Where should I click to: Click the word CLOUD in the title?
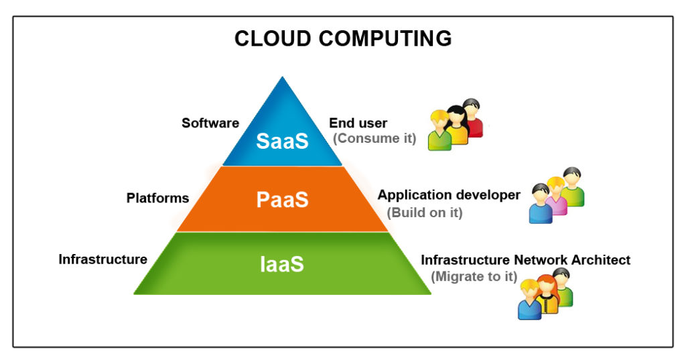[273, 38]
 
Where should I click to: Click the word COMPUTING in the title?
[385, 38]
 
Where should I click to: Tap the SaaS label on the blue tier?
[282, 141]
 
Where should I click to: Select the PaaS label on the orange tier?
[282, 200]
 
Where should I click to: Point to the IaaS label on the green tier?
[282, 264]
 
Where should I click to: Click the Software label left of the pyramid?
[210, 123]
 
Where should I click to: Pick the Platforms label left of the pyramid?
[157, 198]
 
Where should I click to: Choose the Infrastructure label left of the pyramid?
[102, 259]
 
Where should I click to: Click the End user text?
[358, 123]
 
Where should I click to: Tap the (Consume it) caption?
[374, 138]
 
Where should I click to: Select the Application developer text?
[449, 195]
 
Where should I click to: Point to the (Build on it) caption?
[425, 213]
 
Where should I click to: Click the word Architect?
[601, 259]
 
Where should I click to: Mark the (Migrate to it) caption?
[474, 277]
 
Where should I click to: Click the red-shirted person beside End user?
[474, 117]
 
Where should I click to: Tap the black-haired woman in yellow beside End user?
[457, 125]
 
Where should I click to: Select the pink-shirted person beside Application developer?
[555, 196]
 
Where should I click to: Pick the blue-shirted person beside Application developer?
[541, 204]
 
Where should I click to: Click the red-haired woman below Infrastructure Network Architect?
[547, 294]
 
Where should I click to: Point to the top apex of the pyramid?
[283, 77]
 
